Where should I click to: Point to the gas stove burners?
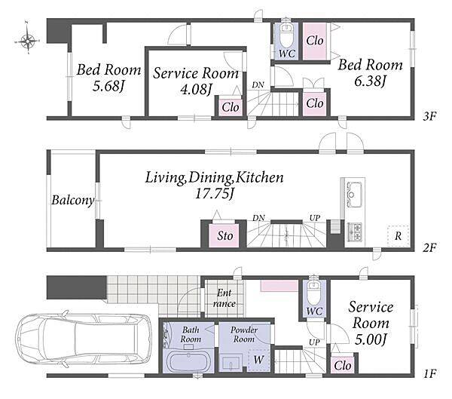(x=355, y=232)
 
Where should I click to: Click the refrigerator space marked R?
(x=398, y=236)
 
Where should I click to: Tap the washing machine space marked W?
(x=258, y=360)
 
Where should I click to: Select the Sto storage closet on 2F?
(x=224, y=235)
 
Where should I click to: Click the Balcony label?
(x=73, y=200)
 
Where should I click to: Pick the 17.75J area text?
(x=214, y=193)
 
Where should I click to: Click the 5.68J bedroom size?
(x=108, y=86)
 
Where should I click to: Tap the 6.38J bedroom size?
(x=370, y=81)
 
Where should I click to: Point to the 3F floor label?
(x=429, y=116)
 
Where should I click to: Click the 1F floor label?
(x=430, y=374)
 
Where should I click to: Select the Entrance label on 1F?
(x=224, y=298)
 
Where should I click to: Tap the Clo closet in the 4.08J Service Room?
(x=230, y=107)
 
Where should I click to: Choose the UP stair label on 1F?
(x=314, y=342)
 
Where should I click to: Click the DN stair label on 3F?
(x=258, y=85)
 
